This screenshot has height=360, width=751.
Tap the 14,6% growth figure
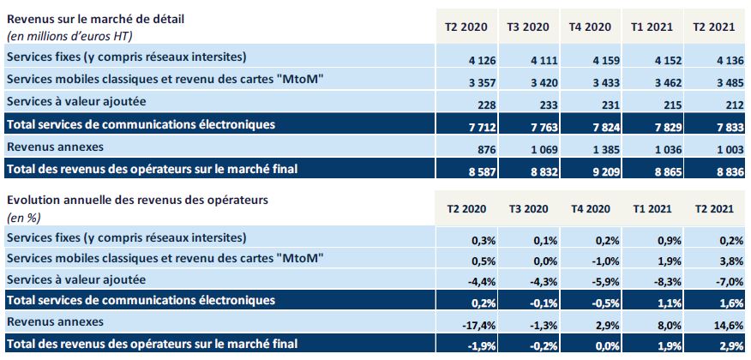click(718, 323)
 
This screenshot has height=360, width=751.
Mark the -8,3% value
click(658, 280)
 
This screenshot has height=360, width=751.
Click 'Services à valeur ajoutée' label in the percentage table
click(76, 279)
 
